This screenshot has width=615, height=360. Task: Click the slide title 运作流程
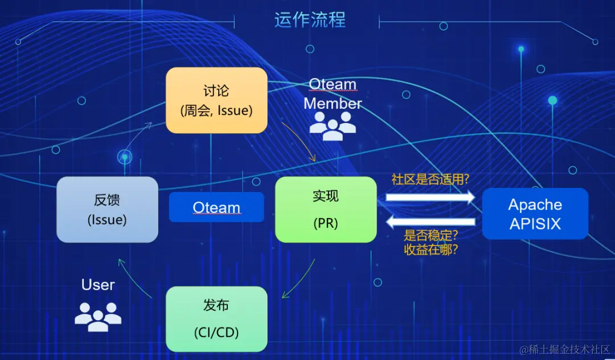310,20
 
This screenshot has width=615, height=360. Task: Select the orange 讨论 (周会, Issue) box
216,101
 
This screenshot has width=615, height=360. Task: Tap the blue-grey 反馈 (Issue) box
107,210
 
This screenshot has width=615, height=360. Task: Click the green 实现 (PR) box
326,210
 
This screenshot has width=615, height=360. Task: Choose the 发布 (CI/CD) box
216,319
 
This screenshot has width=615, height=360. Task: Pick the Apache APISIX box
535,214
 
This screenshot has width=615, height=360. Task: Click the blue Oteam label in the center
216,207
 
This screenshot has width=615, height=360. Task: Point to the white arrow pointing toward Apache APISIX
430,197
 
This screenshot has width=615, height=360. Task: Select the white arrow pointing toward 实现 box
430,222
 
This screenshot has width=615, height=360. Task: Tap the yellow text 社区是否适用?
430,179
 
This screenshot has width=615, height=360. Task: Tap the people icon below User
98,317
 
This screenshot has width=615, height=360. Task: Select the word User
98,285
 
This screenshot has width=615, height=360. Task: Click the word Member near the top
333,104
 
